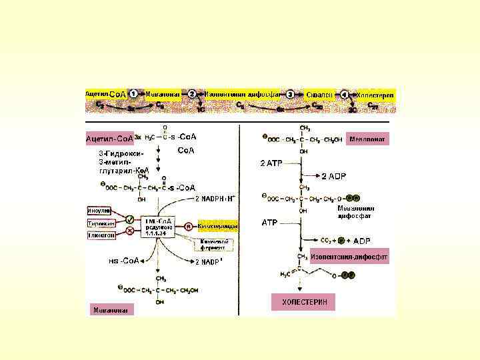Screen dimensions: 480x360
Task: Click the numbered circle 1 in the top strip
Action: pos(134,94)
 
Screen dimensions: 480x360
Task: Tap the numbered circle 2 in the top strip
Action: pos(191,94)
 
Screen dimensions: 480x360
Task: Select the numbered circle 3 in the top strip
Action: pos(290,95)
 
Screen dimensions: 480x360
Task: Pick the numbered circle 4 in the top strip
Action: pos(345,95)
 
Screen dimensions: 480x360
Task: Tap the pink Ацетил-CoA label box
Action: pos(109,139)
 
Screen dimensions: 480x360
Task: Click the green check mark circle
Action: pos(130,218)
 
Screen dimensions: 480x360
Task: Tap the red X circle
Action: pos(130,231)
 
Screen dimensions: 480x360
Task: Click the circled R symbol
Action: pos(189,226)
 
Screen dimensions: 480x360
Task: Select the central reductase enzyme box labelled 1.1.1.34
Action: pos(159,225)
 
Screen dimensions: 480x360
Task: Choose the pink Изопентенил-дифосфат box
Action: pos(348,257)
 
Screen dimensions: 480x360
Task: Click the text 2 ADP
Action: pos(334,176)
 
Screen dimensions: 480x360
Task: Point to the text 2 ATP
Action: pos(273,163)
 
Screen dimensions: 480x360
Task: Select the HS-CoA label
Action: pos(123,261)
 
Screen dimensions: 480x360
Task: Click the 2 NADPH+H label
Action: pos(215,199)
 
